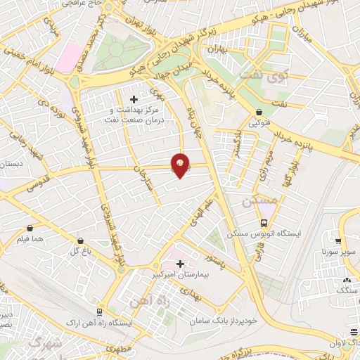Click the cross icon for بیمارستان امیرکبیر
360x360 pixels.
(181, 264)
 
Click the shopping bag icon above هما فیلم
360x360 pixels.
(30, 229)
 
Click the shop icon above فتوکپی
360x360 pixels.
(260, 112)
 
